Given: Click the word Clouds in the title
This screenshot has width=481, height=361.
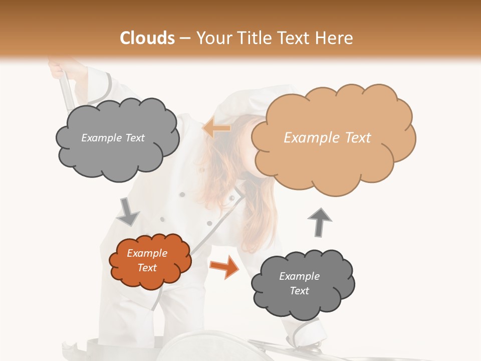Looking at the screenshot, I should [x=147, y=38].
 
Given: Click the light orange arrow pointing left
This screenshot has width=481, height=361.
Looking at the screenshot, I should [x=216, y=128].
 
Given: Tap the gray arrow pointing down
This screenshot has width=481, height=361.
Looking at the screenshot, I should [x=128, y=212].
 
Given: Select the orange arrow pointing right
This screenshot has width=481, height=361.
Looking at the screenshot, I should [x=224, y=267].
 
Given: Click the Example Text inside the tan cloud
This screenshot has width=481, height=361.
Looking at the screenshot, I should [x=327, y=138].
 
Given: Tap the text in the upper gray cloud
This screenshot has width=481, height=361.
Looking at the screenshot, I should [x=113, y=138].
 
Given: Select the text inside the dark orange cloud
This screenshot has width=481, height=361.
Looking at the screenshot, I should [x=147, y=261].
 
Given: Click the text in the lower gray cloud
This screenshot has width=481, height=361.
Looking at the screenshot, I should [x=299, y=283].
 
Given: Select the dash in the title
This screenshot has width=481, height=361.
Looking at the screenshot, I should [x=184, y=38].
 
